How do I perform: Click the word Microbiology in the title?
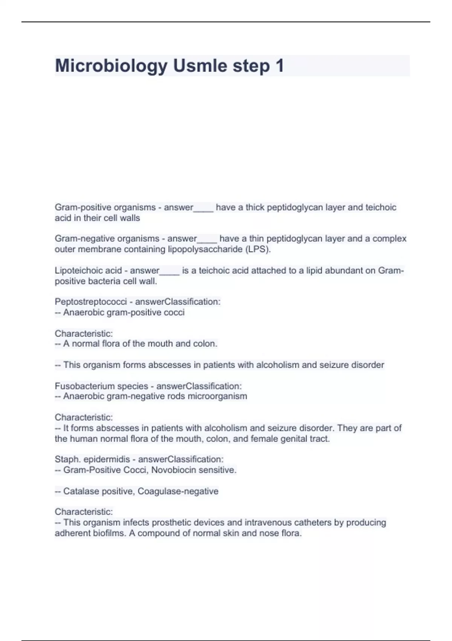(111, 66)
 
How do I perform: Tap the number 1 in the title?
(279, 66)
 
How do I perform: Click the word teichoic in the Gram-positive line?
(381, 207)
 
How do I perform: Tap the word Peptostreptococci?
(91, 302)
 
